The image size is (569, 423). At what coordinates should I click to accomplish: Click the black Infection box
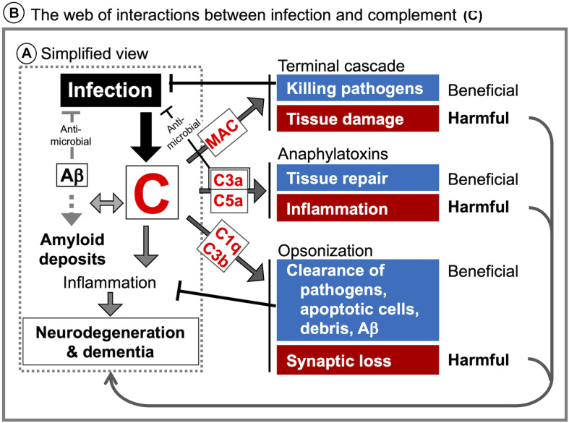(x=111, y=90)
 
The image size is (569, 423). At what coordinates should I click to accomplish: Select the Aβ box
(x=72, y=175)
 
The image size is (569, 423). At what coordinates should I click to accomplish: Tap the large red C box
(x=152, y=192)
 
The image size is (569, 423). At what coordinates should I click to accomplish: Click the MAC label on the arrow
(x=223, y=133)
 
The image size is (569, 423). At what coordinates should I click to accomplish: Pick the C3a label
(x=228, y=179)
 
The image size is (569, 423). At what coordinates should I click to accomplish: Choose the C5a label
(x=228, y=201)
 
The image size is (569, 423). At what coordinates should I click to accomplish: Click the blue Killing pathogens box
(x=358, y=88)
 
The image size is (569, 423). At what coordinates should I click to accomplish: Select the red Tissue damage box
(x=358, y=119)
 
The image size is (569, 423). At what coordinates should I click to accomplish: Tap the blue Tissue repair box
(x=358, y=178)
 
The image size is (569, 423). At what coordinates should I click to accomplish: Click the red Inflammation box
(x=358, y=208)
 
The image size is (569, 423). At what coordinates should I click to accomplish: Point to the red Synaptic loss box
(x=358, y=360)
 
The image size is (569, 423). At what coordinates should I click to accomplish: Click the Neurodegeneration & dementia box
(x=111, y=341)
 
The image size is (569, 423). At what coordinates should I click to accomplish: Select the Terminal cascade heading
(x=341, y=66)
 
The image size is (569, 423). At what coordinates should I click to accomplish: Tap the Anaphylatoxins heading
(x=333, y=154)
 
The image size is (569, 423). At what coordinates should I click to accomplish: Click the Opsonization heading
(x=325, y=251)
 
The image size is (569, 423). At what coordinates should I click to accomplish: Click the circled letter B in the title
(x=14, y=14)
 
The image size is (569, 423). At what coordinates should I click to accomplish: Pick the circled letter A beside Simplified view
(x=27, y=54)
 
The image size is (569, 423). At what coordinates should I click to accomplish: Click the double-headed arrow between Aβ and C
(x=107, y=202)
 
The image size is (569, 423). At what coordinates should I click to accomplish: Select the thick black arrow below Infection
(x=146, y=137)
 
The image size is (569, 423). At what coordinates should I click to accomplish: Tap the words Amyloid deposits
(x=72, y=249)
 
